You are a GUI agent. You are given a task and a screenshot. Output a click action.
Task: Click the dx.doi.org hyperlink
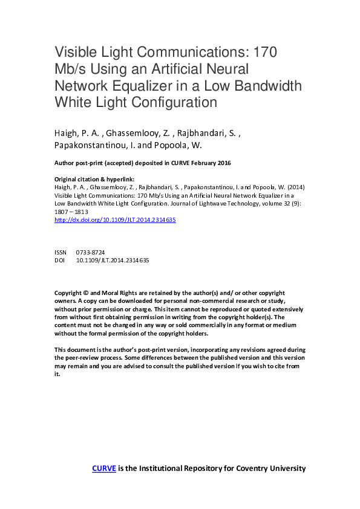point(115,221)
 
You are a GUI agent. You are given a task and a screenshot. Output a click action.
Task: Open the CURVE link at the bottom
point(103,468)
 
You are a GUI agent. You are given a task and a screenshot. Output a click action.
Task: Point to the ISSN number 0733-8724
point(90,252)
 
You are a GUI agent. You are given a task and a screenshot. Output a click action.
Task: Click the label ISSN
point(61,252)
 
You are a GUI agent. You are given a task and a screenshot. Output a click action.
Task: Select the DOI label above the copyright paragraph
point(59,261)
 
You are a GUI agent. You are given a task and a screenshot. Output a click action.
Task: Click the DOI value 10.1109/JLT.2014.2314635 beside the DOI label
point(113,261)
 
